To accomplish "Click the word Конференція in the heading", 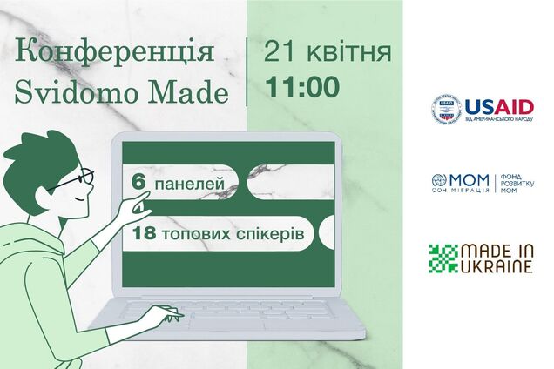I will (x=116, y=50).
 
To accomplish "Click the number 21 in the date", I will (x=283, y=50).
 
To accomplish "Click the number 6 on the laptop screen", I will (x=138, y=184).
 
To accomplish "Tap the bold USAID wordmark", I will (x=498, y=107).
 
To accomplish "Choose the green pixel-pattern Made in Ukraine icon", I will (x=443, y=258).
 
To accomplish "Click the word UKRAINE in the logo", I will (x=497, y=267).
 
